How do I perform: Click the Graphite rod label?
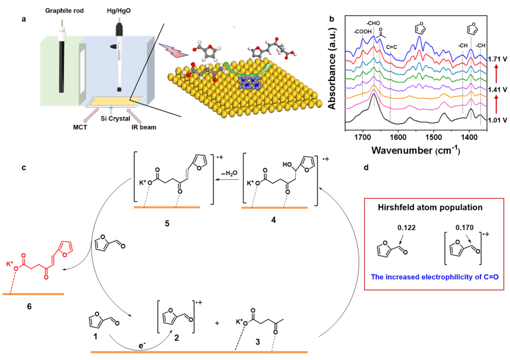point(64,10)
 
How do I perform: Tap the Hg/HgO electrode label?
point(122,10)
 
